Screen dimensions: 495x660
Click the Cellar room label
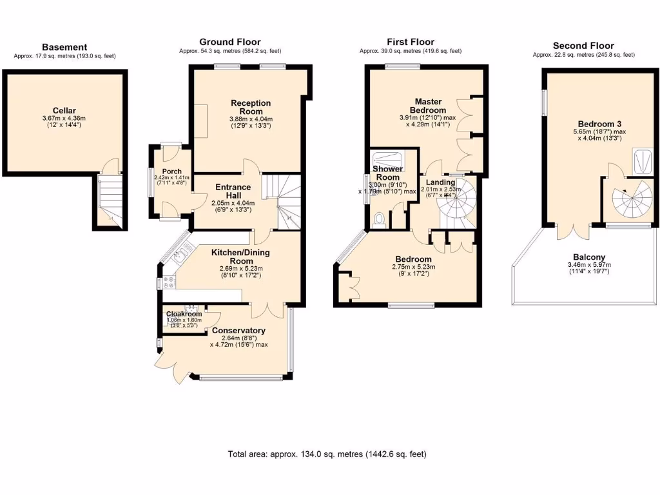pyautogui.click(x=64, y=110)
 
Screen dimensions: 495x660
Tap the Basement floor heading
pyautogui.click(x=64, y=47)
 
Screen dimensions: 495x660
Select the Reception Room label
pyautogui.click(x=251, y=107)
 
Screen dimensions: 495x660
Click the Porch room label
pyautogui.click(x=171, y=171)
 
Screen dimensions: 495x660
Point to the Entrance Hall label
pyautogui.click(x=233, y=191)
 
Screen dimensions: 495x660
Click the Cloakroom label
pyautogui.click(x=184, y=314)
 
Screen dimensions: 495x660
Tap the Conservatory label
pyautogui.click(x=238, y=331)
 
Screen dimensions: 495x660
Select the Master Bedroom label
pyautogui.click(x=431, y=106)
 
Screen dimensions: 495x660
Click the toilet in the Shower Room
pyautogui.click(x=378, y=220)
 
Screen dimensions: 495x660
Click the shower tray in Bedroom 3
pyautogui.click(x=643, y=161)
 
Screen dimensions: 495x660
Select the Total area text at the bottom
pyautogui.click(x=327, y=454)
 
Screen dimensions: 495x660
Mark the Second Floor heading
pyautogui.click(x=583, y=46)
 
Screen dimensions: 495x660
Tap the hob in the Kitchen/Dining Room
pyautogui.click(x=169, y=282)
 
